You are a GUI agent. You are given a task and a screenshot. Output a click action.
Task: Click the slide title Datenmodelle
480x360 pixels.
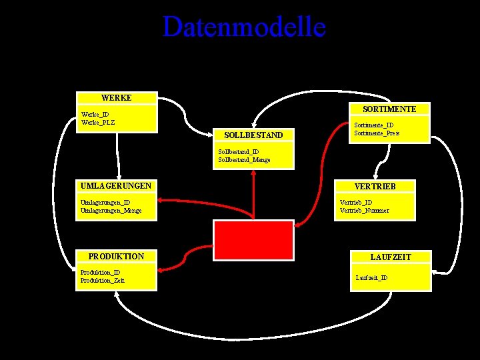pyautogui.click(x=244, y=27)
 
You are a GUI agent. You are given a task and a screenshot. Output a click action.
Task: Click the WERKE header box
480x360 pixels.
pyautogui.click(x=117, y=98)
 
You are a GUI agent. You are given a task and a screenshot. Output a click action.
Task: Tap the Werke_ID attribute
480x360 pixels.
pyautogui.click(x=95, y=115)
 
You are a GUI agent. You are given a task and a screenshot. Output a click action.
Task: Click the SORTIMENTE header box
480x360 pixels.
pyautogui.click(x=389, y=109)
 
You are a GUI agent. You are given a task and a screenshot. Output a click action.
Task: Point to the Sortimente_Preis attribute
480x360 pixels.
pyautogui.click(x=377, y=133)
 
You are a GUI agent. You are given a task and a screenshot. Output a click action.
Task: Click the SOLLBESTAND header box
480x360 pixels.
pyautogui.click(x=253, y=135)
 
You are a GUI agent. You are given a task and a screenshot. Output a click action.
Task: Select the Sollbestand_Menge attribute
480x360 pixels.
pyautogui.click(x=244, y=160)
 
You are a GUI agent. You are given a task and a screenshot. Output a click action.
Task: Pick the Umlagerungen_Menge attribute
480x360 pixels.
pyautogui.click(x=111, y=211)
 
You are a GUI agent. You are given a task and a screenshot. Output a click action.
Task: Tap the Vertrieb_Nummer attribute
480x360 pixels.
pyautogui.click(x=365, y=211)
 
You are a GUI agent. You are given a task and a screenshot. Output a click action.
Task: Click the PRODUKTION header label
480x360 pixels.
pyautogui.click(x=116, y=257)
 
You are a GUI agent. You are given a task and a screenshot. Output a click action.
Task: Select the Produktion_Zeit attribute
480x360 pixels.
pyautogui.click(x=102, y=281)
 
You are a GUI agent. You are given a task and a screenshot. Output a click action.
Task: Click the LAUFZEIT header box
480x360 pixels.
pyautogui.click(x=391, y=257)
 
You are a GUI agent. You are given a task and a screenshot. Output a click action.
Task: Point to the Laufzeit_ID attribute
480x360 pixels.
pyautogui.click(x=372, y=277)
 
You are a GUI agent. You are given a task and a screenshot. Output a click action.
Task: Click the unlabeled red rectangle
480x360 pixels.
pyautogui.click(x=253, y=239)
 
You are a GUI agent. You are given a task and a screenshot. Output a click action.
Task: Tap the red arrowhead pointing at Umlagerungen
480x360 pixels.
pyautogui.click(x=161, y=199)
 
